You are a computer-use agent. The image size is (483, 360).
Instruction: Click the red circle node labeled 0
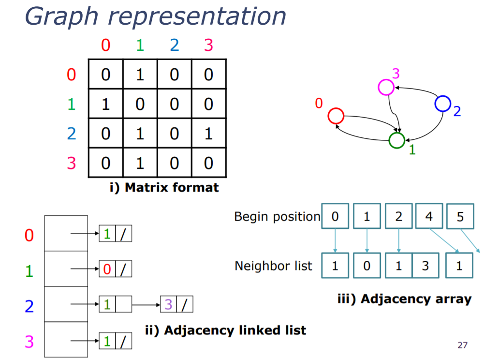pyautogui.click(x=336, y=116)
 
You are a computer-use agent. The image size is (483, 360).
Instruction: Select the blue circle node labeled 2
pyautogui.click(x=442, y=103)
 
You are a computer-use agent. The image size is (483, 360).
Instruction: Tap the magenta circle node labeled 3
pyautogui.click(x=386, y=87)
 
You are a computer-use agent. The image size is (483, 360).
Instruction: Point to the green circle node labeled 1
pyautogui.click(x=396, y=140)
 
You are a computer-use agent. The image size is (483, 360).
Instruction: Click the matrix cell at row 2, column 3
pyautogui.click(x=208, y=134)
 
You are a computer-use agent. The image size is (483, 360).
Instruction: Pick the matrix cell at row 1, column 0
pyautogui.click(x=105, y=104)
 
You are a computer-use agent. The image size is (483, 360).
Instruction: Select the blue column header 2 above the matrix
pyautogui.click(x=175, y=45)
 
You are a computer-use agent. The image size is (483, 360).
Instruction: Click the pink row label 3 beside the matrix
pyautogui.click(x=72, y=163)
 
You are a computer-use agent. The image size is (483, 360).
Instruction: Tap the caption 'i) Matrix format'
pyautogui.click(x=164, y=187)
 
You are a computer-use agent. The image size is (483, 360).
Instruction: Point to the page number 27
pyautogui.click(x=462, y=345)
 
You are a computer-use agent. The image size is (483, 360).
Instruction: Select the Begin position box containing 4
pyautogui.click(x=429, y=216)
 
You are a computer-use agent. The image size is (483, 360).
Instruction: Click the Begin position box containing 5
pyautogui.click(x=460, y=217)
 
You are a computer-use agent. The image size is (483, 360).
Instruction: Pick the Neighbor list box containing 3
pyautogui.click(x=425, y=266)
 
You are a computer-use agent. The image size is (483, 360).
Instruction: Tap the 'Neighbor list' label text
pyautogui.click(x=273, y=266)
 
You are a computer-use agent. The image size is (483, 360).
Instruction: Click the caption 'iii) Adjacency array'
pyautogui.click(x=404, y=299)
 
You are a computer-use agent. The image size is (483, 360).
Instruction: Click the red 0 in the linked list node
pyautogui.click(x=107, y=269)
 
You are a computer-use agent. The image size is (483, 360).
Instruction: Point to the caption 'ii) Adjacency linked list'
pyautogui.click(x=225, y=330)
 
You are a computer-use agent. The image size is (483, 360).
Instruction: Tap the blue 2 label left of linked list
pyautogui.click(x=29, y=306)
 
